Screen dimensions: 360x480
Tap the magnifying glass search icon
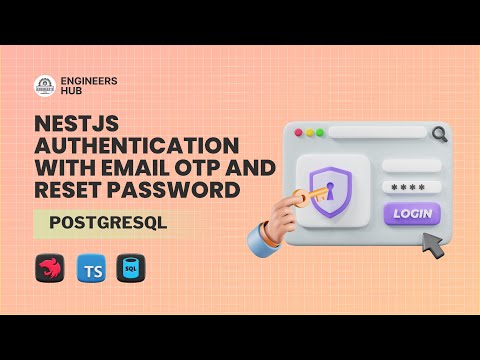pos(439,132)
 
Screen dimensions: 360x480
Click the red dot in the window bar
pos(295,132)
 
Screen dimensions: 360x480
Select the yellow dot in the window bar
pos(308,132)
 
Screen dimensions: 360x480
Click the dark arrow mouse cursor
pos(431,244)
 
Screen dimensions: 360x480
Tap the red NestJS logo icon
pos(48,270)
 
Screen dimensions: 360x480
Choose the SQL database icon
pos(127,270)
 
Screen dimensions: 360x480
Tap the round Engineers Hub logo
pos(45,86)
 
